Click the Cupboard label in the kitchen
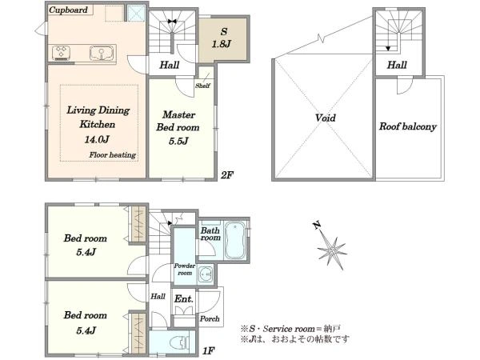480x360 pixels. [x=68, y=10]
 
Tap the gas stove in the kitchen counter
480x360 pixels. [x=62, y=52]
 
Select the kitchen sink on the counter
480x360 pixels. [x=102, y=53]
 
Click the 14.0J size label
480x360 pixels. [x=97, y=139]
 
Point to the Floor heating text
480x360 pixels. [x=113, y=155]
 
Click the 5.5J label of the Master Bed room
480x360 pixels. [x=178, y=141]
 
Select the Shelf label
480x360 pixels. [x=202, y=86]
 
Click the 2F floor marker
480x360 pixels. [x=227, y=174]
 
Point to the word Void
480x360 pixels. [x=326, y=118]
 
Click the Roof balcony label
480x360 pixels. [x=408, y=126]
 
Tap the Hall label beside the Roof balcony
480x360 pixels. [x=397, y=65]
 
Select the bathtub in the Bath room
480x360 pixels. [x=234, y=240]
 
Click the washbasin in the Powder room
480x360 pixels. [x=206, y=274]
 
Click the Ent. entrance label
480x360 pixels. [x=184, y=298]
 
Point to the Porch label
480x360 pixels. [x=210, y=318]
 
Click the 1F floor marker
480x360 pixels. [x=209, y=351]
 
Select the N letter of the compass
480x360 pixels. [x=317, y=226]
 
